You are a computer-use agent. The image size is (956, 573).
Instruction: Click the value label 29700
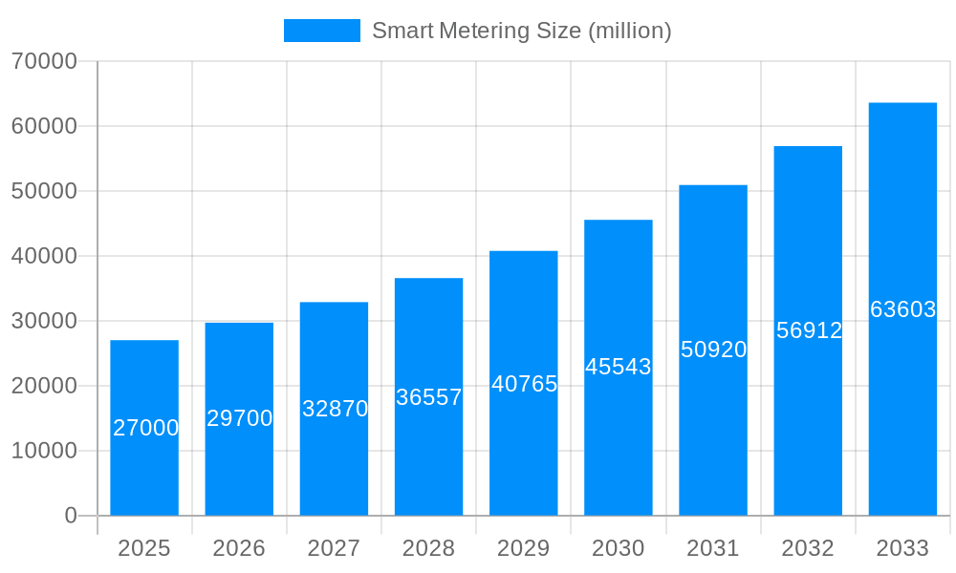(240, 418)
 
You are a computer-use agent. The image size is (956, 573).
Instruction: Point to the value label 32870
(335, 409)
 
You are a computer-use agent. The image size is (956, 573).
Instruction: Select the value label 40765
(524, 384)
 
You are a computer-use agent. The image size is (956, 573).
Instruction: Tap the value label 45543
(619, 367)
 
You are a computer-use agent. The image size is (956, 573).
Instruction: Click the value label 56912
(809, 330)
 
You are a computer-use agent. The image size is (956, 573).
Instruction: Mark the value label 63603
(902, 309)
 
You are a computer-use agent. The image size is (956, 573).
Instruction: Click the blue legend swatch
(322, 31)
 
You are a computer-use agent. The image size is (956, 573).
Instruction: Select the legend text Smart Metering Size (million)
(522, 31)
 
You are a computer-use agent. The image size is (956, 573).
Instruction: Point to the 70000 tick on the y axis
(44, 61)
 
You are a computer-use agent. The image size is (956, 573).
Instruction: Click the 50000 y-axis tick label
(44, 191)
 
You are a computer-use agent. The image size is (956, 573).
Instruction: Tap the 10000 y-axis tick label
(44, 451)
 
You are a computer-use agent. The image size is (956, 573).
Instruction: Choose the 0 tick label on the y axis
(71, 516)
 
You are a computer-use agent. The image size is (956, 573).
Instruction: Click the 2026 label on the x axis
(239, 548)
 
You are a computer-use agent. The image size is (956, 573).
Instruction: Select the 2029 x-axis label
(524, 548)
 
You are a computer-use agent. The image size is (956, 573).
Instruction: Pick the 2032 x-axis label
(808, 548)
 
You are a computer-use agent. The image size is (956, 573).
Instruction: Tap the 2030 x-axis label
(619, 548)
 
